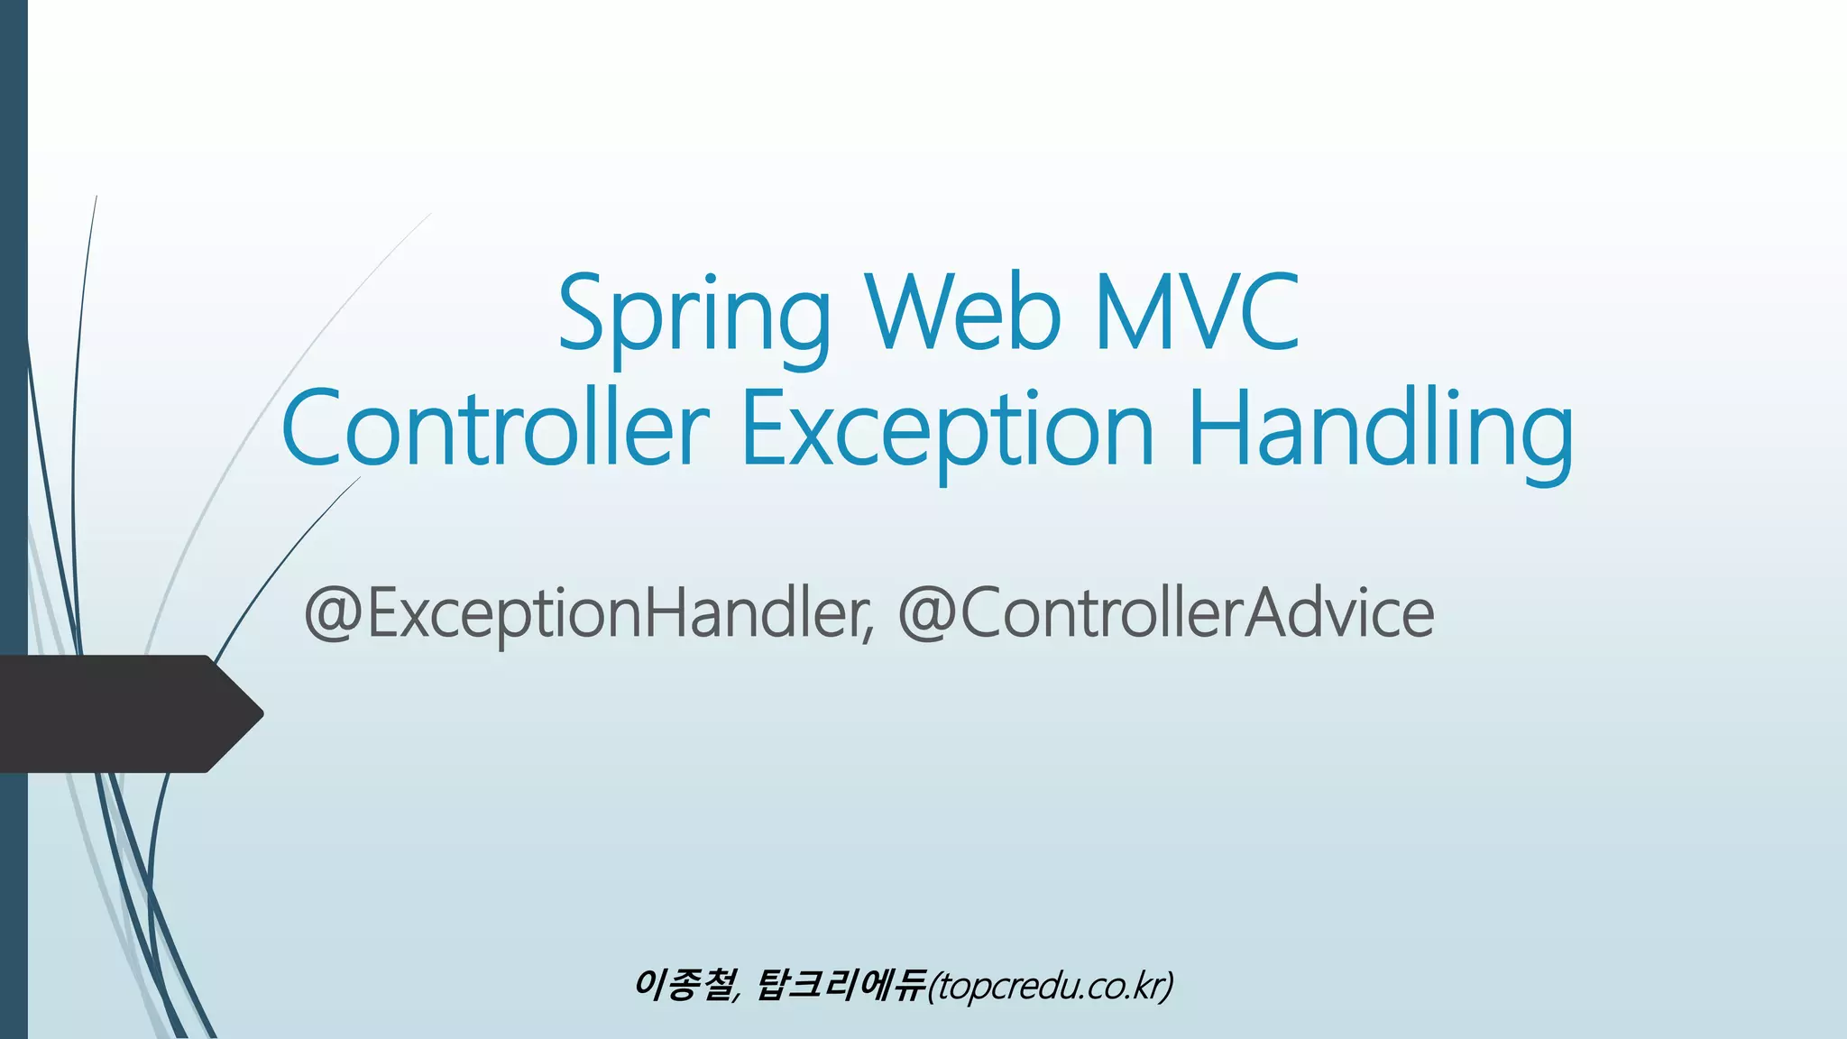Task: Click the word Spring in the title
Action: pyautogui.click(x=694, y=316)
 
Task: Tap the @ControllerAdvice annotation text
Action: pyautogui.click(x=1165, y=613)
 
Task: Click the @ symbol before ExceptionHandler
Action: pyautogui.click(x=333, y=614)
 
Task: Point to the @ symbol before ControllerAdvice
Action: pyautogui.click(x=927, y=614)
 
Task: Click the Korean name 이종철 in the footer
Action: pyautogui.click(x=683, y=985)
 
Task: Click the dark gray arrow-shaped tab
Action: pyautogui.click(x=117, y=713)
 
